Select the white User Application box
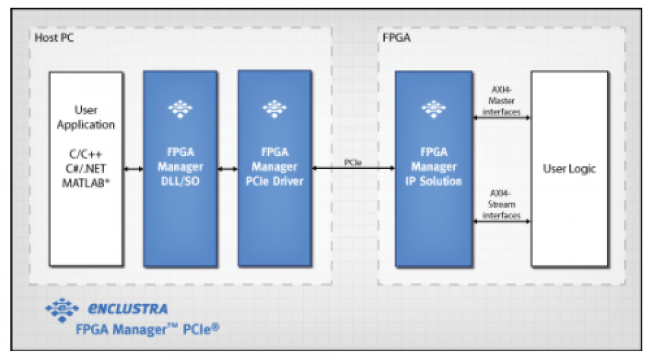coord(86,217)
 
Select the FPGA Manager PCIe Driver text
coord(274,167)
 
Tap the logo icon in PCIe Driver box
coord(274,109)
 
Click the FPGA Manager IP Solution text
coord(433,167)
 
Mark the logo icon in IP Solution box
coord(433,109)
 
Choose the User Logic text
coord(569,169)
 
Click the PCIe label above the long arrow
coord(353,162)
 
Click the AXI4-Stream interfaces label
coord(502,205)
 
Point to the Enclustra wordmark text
coord(128,309)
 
